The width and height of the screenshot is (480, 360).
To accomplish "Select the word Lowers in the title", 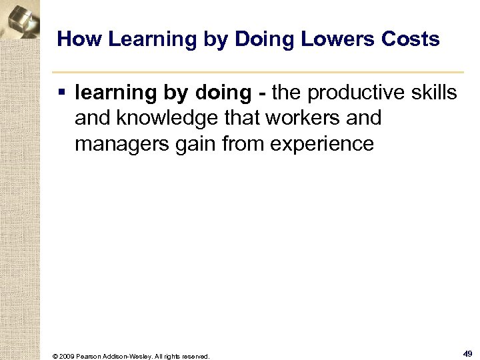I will tap(333, 39).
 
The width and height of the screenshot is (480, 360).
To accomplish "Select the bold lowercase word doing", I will tap(225, 93).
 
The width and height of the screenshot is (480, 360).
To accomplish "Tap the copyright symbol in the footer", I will tap(55, 356).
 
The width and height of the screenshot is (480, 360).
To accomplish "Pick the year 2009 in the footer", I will tap(67, 356).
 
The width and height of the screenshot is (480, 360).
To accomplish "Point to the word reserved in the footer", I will tap(194, 356).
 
